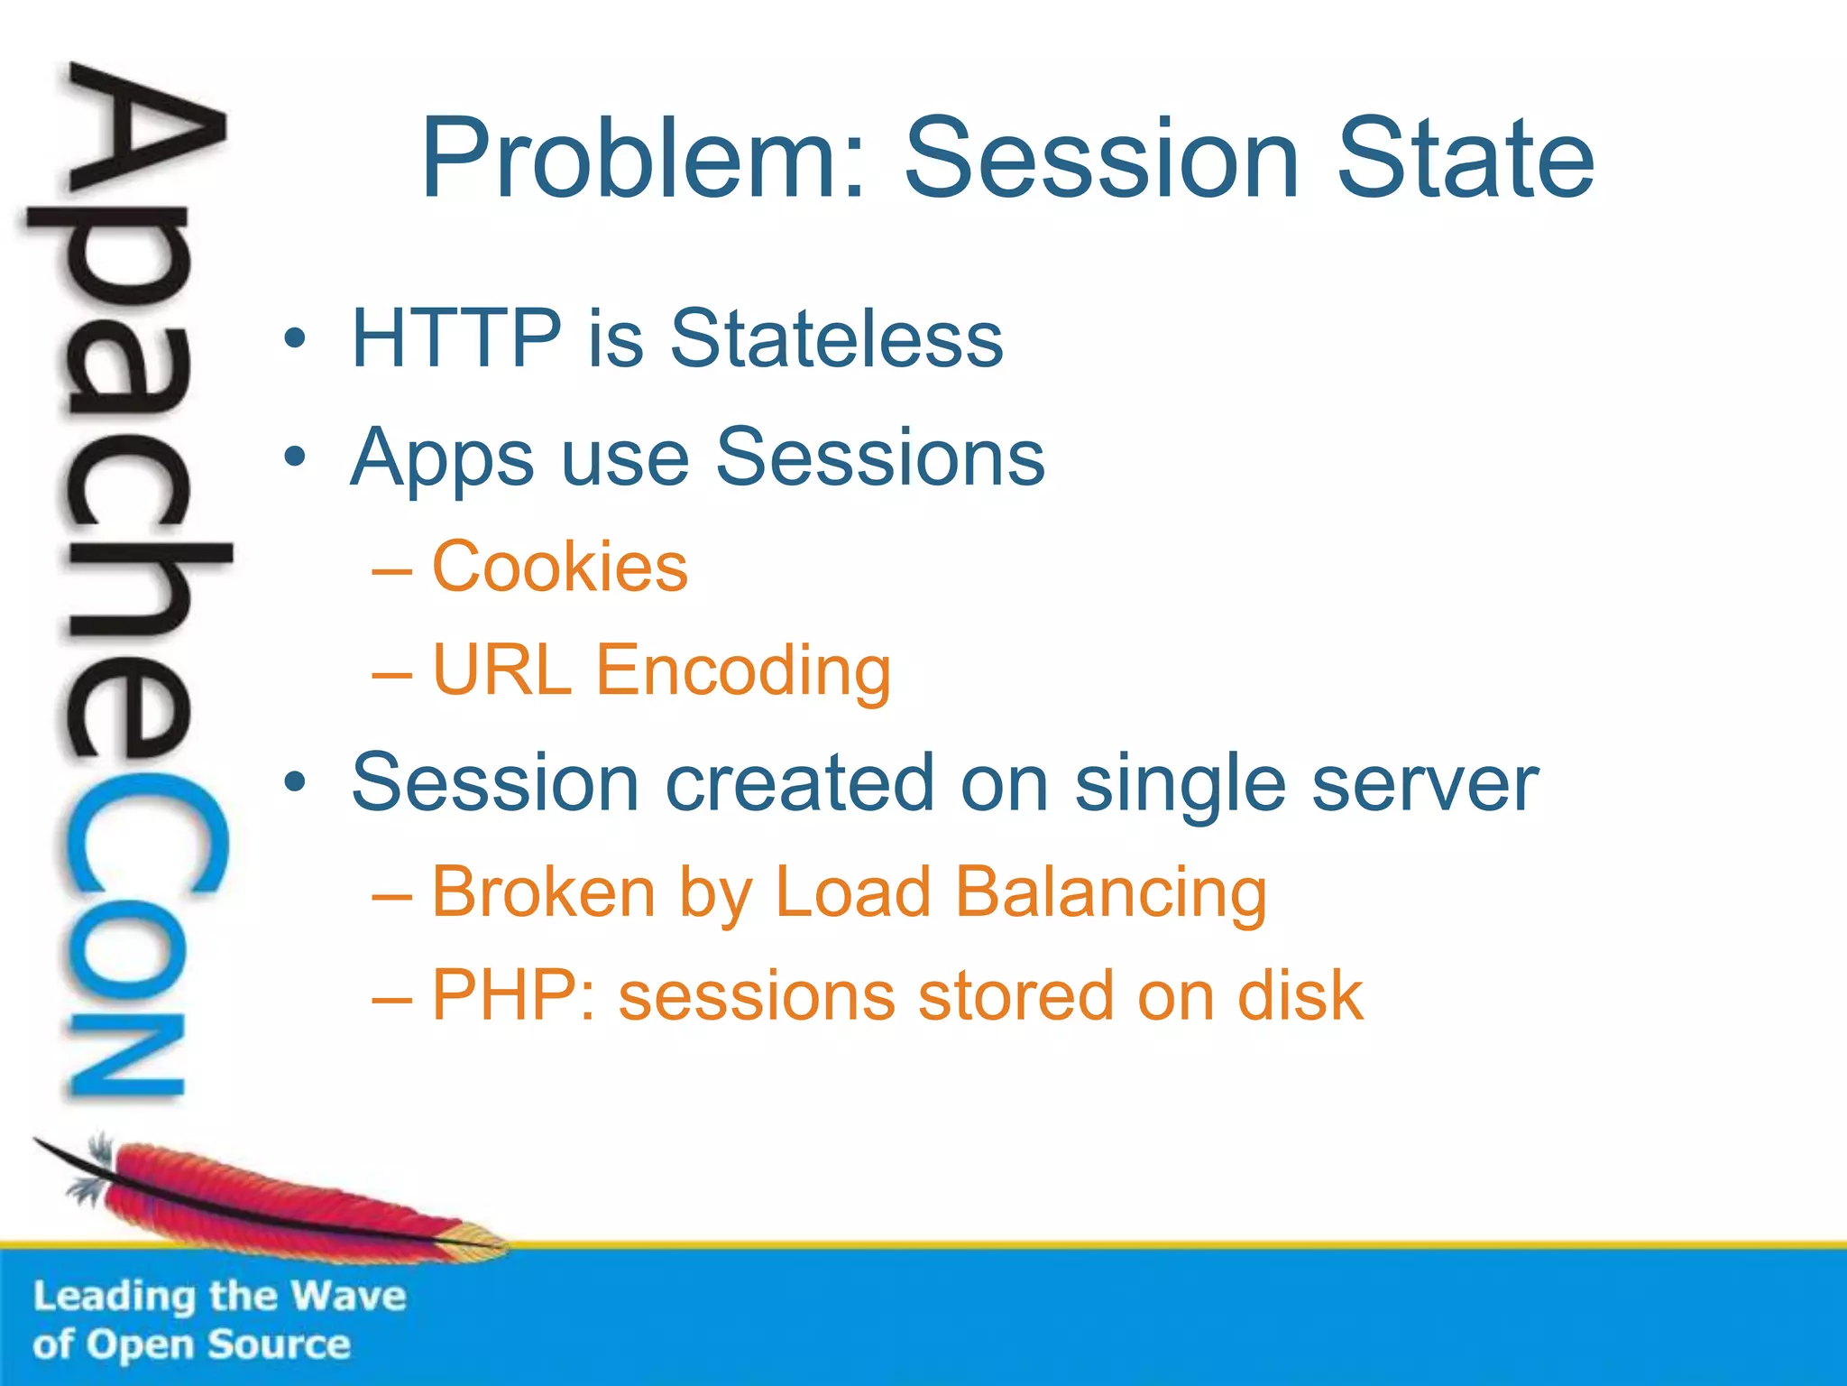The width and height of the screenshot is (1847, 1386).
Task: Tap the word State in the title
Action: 1466,159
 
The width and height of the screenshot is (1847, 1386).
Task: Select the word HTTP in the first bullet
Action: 456,338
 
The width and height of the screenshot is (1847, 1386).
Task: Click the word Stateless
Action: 836,338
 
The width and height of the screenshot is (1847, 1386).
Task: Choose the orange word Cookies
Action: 560,567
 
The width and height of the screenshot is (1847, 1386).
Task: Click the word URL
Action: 502,670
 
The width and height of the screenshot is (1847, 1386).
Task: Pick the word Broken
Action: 544,892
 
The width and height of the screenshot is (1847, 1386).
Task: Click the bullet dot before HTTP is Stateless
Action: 294,339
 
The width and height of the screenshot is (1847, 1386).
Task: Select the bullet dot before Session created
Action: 294,782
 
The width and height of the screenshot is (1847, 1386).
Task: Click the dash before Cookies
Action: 392,571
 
